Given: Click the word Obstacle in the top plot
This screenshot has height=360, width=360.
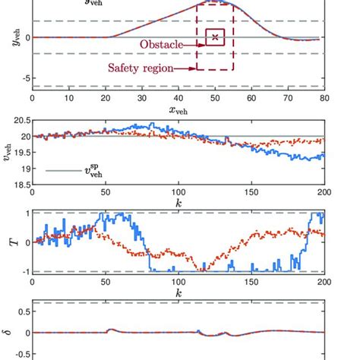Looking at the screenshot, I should (160, 46).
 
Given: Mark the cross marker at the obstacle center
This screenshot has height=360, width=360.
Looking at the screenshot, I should (215, 36).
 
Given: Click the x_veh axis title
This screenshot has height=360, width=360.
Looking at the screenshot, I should (178, 110).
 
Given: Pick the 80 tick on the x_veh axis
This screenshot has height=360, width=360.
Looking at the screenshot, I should (324, 98).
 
